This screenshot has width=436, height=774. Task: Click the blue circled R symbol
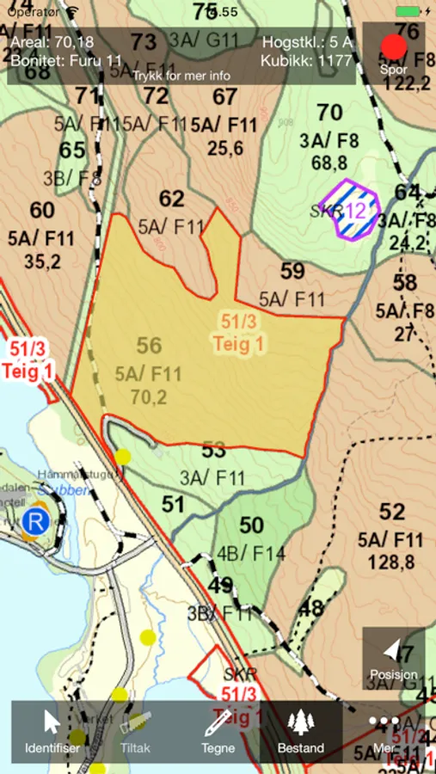click(36, 520)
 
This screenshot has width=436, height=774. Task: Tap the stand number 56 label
click(149, 346)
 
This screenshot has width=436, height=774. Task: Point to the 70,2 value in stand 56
click(149, 396)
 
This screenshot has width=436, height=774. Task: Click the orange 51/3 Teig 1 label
click(240, 334)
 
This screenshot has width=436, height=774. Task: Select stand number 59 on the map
click(292, 272)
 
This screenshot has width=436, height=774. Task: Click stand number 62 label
click(172, 200)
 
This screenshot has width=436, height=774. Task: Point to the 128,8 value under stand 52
click(391, 563)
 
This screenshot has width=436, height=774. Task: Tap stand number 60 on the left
click(42, 211)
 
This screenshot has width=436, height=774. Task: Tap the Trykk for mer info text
click(181, 76)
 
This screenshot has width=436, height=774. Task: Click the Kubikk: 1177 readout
click(307, 60)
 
